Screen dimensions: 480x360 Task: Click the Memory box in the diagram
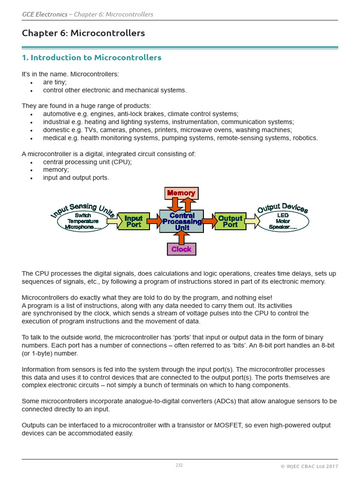pyautogui.click(x=181, y=193)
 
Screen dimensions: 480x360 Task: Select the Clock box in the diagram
pyautogui.click(x=181, y=249)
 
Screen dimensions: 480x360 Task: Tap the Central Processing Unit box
pyautogui.click(x=181, y=221)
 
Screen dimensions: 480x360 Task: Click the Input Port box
pyautogui.click(x=134, y=221)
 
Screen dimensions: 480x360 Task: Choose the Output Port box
pyautogui.click(x=230, y=221)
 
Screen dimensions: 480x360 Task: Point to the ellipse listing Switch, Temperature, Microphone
pyautogui.click(x=82, y=221)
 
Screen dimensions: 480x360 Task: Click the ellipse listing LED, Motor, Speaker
pyautogui.click(x=283, y=221)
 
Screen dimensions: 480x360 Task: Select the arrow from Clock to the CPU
pyautogui.click(x=181, y=237)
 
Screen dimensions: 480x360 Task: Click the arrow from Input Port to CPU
pyautogui.click(x=153, y=221)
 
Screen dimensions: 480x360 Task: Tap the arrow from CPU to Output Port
pyautogui.click(x=210, y=221)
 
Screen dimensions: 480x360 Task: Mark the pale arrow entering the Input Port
pyautogui.click(x=113, y=221)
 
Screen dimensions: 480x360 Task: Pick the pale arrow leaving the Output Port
pyautogui.click(x=252, y=221)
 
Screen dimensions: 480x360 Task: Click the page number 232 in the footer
pyautogui.click(x=179, y=465)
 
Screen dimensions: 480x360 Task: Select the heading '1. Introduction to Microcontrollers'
pyautogui.click(x=91, y=58)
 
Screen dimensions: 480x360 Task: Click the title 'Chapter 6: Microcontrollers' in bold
pyautogui.click(x=83, y=33)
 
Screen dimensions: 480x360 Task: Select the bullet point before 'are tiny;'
pyautogui.click(x=31, y=82)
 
